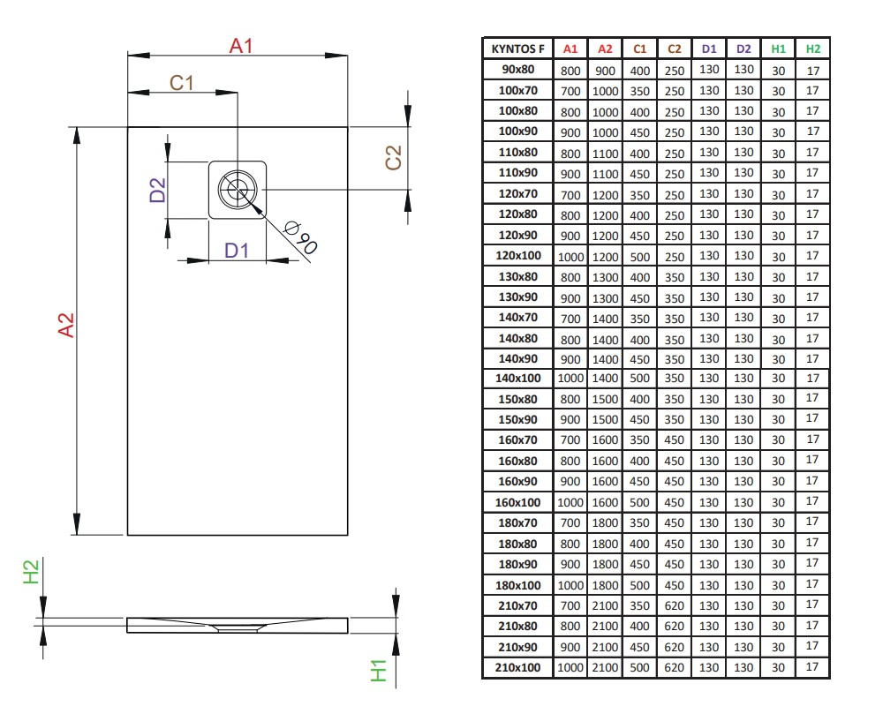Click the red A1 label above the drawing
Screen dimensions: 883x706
[241, 46]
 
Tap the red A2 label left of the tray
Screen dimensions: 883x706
[66, 326]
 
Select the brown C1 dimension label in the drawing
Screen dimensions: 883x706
[181, 83]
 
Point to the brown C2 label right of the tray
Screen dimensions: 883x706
[393, 157]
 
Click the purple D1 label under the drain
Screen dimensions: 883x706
[236, 250]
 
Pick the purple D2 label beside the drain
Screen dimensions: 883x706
[158, 190]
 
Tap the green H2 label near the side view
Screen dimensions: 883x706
[31, 572]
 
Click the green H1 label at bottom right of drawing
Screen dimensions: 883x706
[379, 671]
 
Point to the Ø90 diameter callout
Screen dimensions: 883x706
[301, 237]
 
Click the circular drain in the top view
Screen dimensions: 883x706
[237, 190]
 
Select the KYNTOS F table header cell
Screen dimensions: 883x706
[518, 49]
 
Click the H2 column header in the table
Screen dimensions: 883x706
[812, 49]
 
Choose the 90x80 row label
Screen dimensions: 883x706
[518, 69]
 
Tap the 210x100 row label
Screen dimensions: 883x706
[518, 668]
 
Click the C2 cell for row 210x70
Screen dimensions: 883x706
[674, 605]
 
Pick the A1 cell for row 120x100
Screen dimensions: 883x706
[570, 257]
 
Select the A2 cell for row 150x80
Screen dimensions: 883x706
[606, 399]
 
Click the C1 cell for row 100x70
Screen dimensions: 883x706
[639, 91]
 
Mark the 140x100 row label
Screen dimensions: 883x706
[518, 379]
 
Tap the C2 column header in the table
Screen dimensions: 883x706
[674, 49]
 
